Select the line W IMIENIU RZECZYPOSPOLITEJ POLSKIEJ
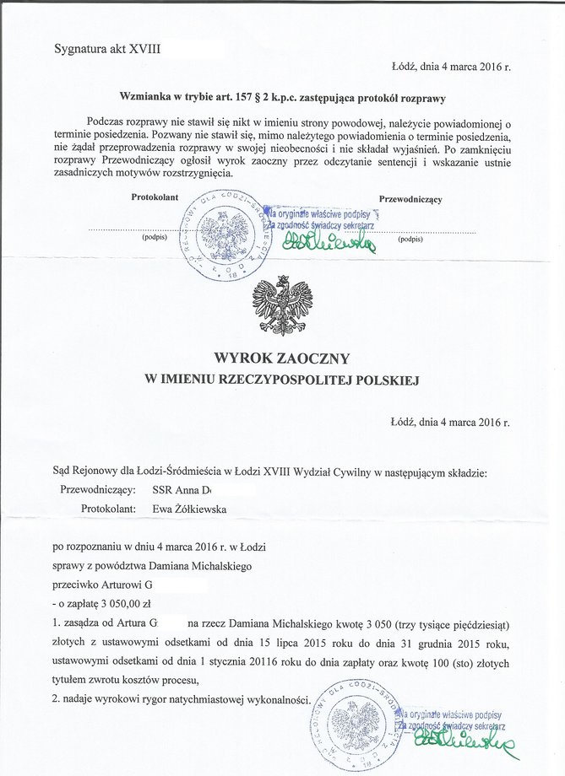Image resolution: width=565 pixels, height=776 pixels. pyautogui.click(x=281, y=380)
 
